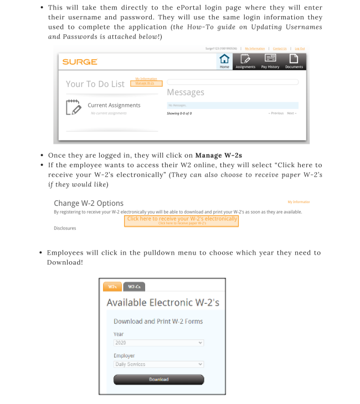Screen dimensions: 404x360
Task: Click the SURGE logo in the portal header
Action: (79, 62)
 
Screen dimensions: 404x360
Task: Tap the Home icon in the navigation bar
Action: (224, 61)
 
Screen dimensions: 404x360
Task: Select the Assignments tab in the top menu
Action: (245, 61)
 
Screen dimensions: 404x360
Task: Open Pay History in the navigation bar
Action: (270, 61)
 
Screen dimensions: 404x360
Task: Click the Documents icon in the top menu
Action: (295, 61)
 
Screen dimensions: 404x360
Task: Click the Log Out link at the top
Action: (300, 49)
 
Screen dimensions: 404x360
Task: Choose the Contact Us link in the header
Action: (280, 49)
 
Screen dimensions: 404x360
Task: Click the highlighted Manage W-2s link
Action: (146, 84)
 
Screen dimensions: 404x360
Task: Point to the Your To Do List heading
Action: (95, 84)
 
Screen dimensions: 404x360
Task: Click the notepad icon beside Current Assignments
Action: (73, 107)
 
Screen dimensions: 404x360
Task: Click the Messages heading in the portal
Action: (186, 92)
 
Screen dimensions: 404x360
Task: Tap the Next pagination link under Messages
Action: (291, 113)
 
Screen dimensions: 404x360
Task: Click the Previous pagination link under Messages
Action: (276, 113)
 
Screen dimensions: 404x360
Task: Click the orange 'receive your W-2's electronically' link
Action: (182, 219)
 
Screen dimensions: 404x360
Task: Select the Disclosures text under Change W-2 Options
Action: (65, 228)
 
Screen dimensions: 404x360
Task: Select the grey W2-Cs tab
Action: (134, 287)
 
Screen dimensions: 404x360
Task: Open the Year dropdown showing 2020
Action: (158, 343)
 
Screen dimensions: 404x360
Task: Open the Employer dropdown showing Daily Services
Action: (158, 365)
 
